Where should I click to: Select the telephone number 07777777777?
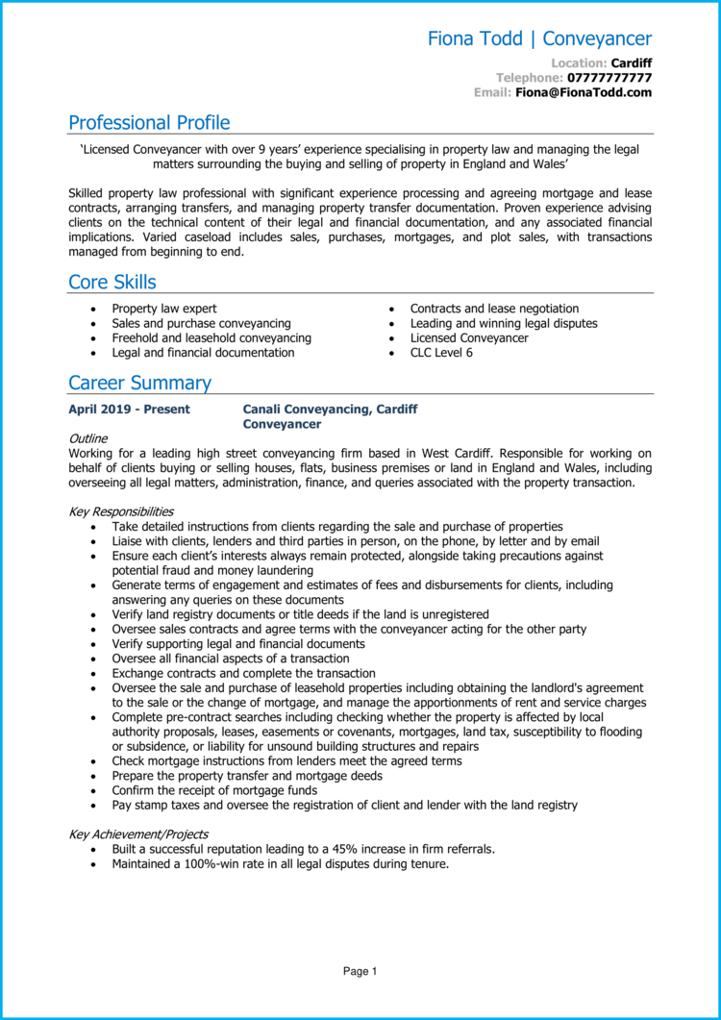pos(609,77)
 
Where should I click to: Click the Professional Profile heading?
pos(149,123)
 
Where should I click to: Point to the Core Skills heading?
pos(112,283)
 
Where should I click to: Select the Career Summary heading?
pos(139,384)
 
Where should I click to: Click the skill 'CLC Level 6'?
pos(441,353)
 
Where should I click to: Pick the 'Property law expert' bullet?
pos(164,309)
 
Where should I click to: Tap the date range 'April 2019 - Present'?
pos(129,410)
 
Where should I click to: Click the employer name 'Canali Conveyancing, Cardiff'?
pos(330,410)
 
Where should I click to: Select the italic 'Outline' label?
pos(87,438)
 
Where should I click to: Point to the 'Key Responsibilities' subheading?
pos(121,511)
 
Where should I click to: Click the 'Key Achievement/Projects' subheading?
pos(138,834)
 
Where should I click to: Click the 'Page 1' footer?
pos(360,972)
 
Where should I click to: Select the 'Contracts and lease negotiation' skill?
pos(494,309)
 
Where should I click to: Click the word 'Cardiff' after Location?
pos(632,62)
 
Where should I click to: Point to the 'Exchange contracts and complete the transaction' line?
pos(243,674)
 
